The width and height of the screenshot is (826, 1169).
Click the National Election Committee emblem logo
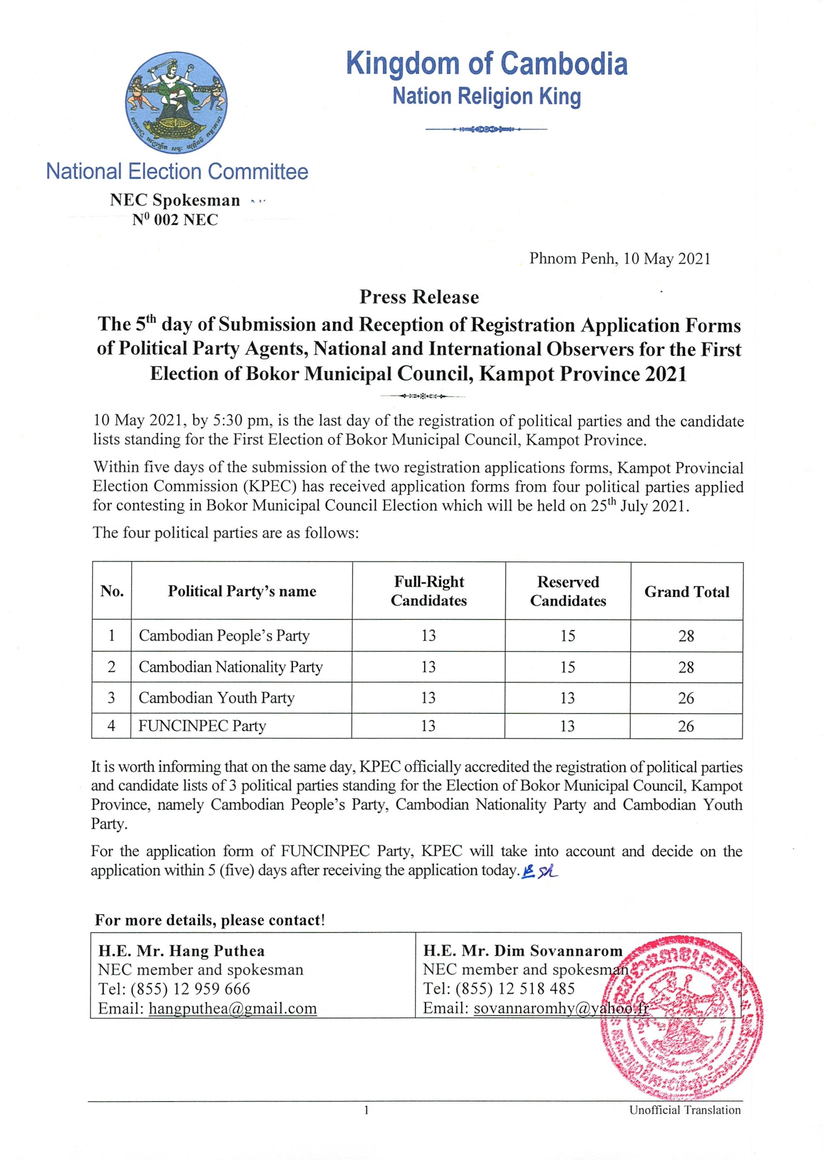(x=176, y=104)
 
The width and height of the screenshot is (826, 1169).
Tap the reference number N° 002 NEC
(x=175, y=220)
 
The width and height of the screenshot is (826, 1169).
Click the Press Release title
(x=419, y=297)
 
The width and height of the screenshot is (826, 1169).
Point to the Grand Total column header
(x=686, y=592)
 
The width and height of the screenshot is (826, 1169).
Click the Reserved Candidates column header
(x=568, y=591)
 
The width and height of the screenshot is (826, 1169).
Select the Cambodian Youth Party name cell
(x=216, y=697)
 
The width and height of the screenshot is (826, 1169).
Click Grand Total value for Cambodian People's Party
(x=686, y=636)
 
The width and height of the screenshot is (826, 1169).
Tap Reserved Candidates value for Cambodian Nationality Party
(x=568, y=667)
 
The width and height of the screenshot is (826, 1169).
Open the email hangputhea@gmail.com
(x=233, y=1008)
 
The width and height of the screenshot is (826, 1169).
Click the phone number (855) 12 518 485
(x=515, y=989)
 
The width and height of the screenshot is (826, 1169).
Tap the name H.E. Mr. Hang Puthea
(x=181, y=951)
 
